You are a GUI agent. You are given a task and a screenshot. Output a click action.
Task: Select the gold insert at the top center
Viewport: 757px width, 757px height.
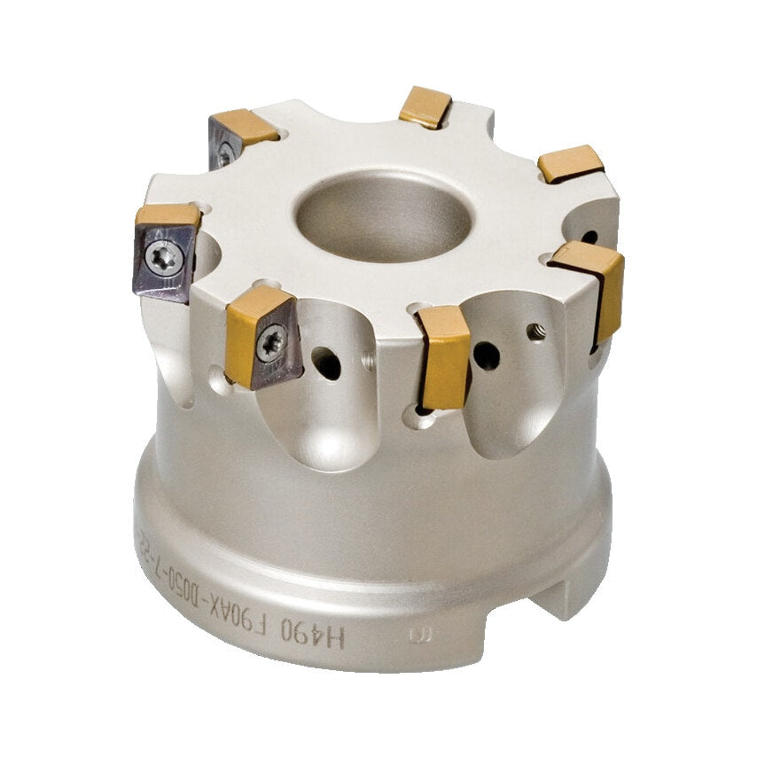coord(425,106)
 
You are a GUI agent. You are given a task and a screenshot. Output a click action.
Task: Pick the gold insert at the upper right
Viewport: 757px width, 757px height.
coord(571,164)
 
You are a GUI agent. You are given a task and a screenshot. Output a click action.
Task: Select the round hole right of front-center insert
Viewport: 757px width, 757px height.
coord(486,355)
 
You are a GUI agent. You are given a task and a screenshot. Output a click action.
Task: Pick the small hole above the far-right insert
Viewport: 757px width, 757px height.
coord(589,237)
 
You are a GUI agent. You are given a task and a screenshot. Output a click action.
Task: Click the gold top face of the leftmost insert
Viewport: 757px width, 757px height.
coord(168,215)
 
